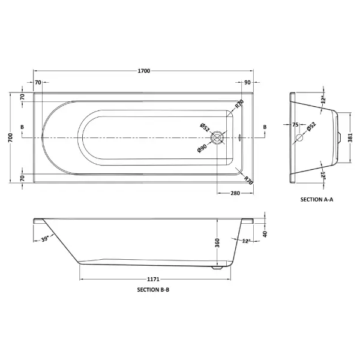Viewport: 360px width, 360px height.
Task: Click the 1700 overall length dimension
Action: (144, 71)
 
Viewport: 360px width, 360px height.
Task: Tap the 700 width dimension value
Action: (11, 137)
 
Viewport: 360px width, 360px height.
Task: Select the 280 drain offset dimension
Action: (235, 193)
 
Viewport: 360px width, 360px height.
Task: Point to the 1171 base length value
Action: (153, 279)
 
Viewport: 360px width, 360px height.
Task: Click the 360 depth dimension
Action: (217, 243)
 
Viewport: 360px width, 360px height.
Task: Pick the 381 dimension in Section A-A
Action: (350, 137)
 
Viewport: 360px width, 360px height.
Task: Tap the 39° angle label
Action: (45, 239)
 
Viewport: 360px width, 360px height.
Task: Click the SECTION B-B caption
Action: (153, 290)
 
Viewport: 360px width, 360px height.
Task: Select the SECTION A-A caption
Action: (317, 200)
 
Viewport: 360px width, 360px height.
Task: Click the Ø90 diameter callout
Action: (202, 148)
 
